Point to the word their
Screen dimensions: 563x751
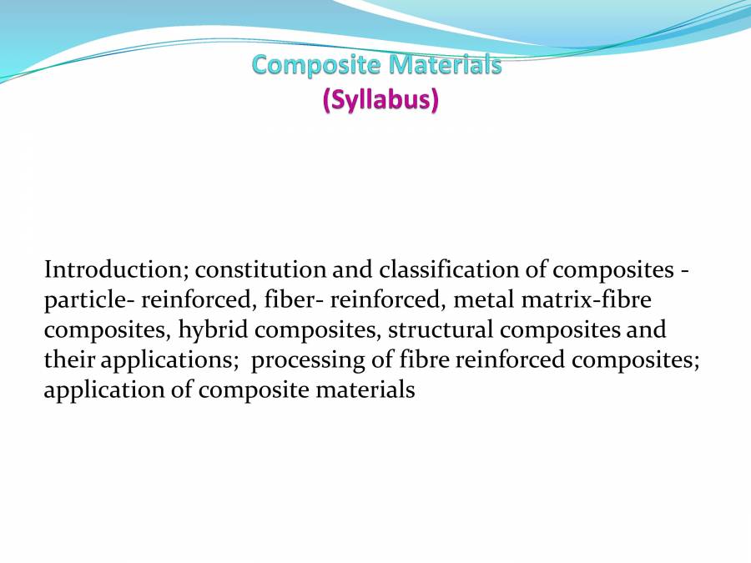coord(65,360)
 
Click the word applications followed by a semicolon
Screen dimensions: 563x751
coord(169,360)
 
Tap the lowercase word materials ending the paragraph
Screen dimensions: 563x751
coord(365,390)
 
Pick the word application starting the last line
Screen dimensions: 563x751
coord(98,390)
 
